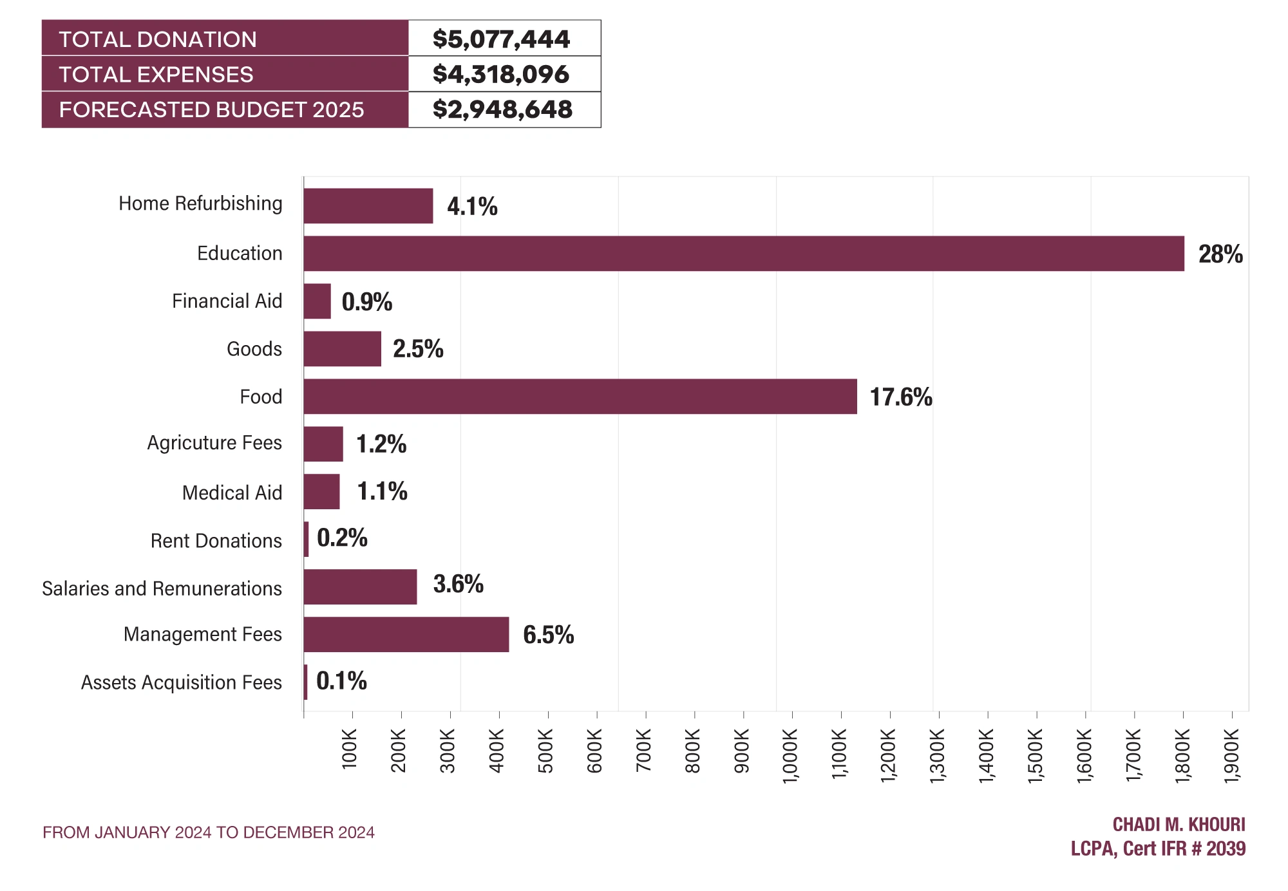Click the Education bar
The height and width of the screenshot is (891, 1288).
(x=744, y=254)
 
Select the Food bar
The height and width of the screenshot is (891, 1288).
(x=580, y=397)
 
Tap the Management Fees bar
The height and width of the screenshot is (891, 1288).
(x=406, y=635)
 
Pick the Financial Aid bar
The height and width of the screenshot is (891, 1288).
(x=317, y=301)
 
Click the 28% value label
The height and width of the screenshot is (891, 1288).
(x=1220, y=254)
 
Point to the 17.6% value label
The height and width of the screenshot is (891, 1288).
(x=901, y=397)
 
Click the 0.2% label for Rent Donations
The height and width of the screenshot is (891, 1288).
(x=342, y=538)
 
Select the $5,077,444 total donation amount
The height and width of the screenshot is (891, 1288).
(x=501, y=39)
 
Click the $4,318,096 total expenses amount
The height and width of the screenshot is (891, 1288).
(x=501, y=74)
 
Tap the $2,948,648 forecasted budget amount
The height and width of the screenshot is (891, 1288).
(x=502, y=109)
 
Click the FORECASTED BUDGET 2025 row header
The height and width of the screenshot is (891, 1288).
(x=212, y=109)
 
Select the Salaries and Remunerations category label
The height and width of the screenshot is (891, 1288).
(x=162, y=588)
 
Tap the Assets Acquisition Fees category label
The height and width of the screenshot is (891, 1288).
(x=182, y=682)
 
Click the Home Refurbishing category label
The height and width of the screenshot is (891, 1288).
(x=200, y=203)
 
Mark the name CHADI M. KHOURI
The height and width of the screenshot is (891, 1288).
(x=1179, y=825)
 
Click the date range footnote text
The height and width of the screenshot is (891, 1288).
(x=209, y=832)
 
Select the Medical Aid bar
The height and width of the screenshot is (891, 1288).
(x=322, y=492)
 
